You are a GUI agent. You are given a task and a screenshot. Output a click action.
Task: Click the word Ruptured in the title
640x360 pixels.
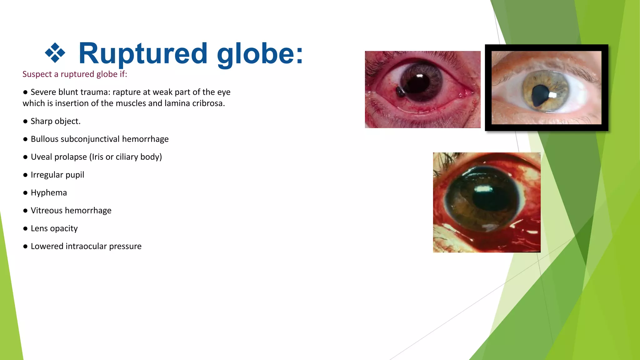point(143,54)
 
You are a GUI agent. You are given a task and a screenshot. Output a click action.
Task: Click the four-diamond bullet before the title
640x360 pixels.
point(55,52)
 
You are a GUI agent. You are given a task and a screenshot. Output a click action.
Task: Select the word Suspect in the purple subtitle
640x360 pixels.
point(37,74)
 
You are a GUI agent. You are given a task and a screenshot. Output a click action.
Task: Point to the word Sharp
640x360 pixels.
point(41,121)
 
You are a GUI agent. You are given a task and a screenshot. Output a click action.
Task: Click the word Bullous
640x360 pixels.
point(44,139)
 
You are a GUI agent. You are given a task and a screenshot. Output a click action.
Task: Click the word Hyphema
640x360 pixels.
point(49,193)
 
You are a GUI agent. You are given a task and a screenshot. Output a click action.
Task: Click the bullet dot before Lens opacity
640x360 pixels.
point(25,229)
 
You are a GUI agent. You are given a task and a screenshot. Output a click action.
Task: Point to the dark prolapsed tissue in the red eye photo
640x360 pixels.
point(400,92)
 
